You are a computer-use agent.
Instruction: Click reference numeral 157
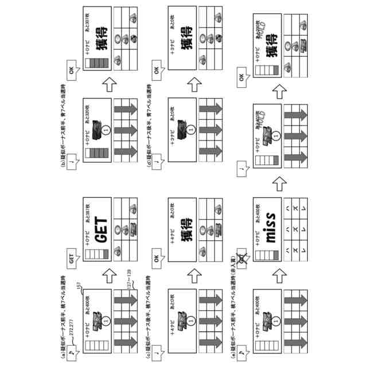78,287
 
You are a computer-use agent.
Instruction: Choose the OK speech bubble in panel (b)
71,72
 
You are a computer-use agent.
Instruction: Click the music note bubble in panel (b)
71,163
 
